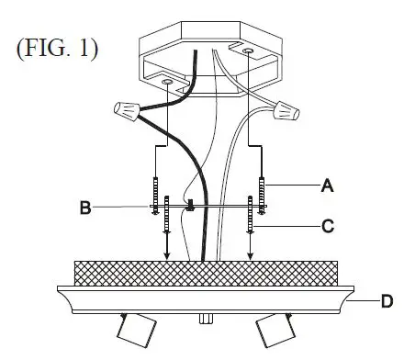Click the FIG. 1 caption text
pyautogui.click(x=56, y=47)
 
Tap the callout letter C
pyautogui.click(x=326, y=223)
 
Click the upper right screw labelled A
pyautogui.click(x=262, y=190)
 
